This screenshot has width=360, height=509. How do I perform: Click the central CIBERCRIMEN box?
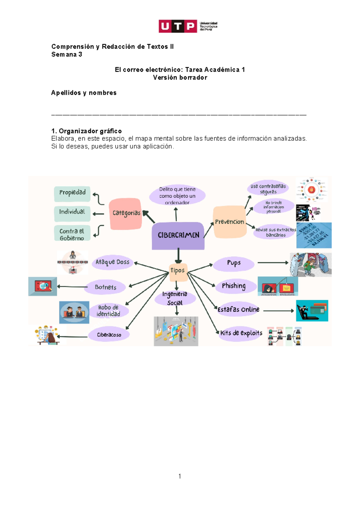click(178, 235)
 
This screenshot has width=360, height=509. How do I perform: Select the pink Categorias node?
click(126, 213)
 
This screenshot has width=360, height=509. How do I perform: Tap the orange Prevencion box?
click(229, 222)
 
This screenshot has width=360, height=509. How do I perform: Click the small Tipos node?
click(178, 271)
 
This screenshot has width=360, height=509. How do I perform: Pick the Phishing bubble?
click(234, 286)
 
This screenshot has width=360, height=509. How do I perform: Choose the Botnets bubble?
click(105, 287)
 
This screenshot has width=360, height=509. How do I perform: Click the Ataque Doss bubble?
click(112, 262)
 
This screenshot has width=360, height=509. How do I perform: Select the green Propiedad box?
click(72, 193)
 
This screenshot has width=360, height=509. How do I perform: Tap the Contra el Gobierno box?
click(72, 234)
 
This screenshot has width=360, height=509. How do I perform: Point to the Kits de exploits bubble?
click(241, 333)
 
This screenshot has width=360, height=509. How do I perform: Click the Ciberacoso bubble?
click(109, 335)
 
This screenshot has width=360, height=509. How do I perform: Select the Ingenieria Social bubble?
click(175, 298)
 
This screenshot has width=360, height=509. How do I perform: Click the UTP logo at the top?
click(187, 26)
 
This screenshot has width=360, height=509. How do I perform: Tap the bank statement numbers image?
click(314, 235)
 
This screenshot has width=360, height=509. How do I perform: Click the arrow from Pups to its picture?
click(272, 263)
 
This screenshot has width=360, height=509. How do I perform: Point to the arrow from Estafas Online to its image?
click(278, 311)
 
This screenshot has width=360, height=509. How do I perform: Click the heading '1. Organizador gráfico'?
click(86, 131)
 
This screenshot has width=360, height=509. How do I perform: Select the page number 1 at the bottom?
click(180, 476)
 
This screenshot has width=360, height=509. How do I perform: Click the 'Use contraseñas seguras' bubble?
click(268, 189)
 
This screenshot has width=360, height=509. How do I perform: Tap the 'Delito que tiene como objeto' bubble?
click(177, 195)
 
